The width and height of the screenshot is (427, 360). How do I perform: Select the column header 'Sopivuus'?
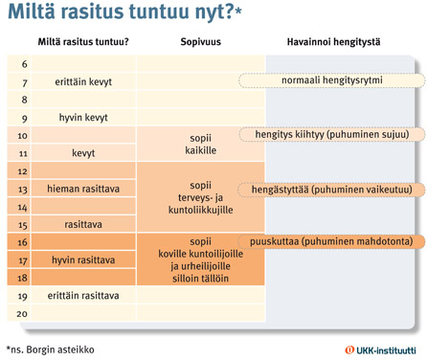click(x=201, y=42)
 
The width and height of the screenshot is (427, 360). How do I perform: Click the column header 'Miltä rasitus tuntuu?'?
click(x=83, y=42)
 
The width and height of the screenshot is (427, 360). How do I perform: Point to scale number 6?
click(x=22, y=63)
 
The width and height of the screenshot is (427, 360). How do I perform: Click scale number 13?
click(x=22, y=189)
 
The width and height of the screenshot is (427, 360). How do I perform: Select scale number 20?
click(x=22, y=314)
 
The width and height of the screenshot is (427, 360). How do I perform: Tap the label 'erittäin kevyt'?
click(x=84, y=81)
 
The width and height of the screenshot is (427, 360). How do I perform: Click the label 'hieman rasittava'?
click(x=84, y=189)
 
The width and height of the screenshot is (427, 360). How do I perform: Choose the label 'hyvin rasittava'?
click(x=84, y=259)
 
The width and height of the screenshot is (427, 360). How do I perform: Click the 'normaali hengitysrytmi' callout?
click(x=329, y=80)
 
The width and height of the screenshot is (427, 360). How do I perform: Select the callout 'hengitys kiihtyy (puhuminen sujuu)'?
click(x=331, y=135)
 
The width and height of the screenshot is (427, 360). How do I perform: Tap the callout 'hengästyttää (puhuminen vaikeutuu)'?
click(x=331, y=190)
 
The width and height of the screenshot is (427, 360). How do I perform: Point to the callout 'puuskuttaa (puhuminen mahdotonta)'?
click(x=330, y=242)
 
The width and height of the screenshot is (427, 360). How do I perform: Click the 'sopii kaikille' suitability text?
click(x=200, y=144)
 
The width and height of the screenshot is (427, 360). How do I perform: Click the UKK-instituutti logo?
click(x=381, y=349)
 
